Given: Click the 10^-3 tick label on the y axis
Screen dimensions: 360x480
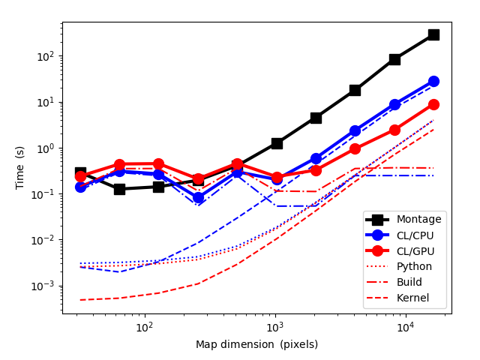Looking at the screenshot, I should [45, 286].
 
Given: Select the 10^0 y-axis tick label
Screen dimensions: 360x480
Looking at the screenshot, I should [46, 148].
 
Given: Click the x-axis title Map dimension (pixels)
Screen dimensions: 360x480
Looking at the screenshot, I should [256, 345].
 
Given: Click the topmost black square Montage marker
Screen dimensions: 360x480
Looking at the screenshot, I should [433, 34].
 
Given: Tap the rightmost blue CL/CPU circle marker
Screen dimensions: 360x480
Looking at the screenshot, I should [433, 81].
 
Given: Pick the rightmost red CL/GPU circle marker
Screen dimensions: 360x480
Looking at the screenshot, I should [433, 105].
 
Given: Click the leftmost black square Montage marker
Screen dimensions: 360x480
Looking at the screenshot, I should [80, 173].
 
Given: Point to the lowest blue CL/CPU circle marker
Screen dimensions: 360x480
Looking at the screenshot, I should [198, 198].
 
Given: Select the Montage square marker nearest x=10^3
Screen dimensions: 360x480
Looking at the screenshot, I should [277, 143].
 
